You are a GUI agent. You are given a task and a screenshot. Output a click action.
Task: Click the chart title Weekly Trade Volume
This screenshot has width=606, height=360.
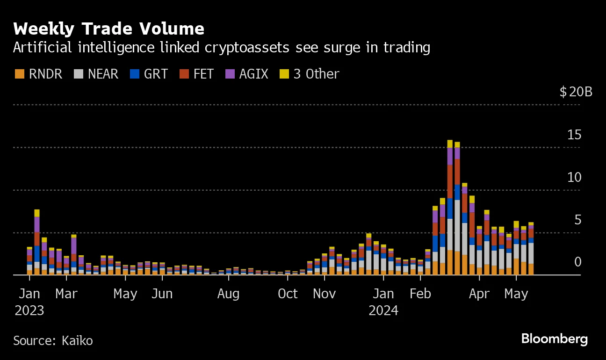(x=108, y=29)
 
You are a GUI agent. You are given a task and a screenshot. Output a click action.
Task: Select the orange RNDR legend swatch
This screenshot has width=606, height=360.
(x=19, y=74)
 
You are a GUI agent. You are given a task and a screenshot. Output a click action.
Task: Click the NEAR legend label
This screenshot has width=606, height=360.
(x=103, y=74)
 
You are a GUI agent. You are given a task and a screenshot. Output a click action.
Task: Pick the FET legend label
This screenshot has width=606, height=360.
(x=203, y=74)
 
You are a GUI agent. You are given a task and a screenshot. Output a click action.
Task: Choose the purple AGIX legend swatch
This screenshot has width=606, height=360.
(x=230, y=74)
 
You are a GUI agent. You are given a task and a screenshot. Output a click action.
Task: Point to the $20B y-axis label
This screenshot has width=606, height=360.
(x=576, y=92)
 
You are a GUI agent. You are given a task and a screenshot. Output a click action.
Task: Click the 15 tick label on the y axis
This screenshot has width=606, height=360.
(x=574, y=135)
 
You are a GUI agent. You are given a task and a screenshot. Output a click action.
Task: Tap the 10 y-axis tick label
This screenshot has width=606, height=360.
(x=574, y=177)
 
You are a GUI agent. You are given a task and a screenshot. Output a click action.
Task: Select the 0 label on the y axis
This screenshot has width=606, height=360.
(x=578, y=262)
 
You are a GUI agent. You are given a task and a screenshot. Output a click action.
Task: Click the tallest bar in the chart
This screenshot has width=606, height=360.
(x=450, y=208)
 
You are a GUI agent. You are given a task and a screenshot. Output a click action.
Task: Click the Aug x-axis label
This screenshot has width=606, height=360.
(x=228, y=294)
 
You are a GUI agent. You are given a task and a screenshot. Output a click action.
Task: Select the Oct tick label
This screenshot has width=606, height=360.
(x=288, y=294)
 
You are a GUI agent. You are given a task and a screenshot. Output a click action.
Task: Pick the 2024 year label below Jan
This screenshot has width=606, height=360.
(x=383, y=310)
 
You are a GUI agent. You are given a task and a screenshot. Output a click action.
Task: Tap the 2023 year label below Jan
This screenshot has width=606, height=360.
(x=29, y=310)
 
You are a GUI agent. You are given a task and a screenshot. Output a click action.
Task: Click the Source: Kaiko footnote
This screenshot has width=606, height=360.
(x=53, y=340)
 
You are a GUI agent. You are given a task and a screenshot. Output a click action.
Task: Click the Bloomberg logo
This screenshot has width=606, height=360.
(x=555, y=338)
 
